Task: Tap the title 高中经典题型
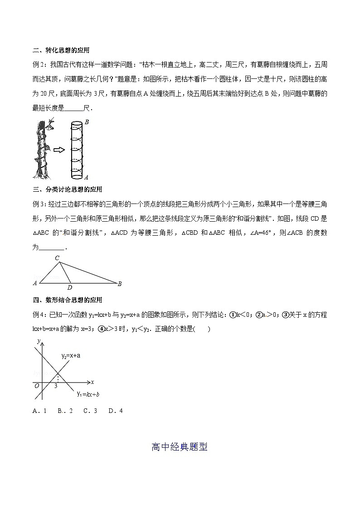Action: click(180, 447)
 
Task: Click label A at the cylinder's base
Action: click(86, 177)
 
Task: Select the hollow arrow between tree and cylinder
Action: click(59, 150)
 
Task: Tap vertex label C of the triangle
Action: click(57, 258)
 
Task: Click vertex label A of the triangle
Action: click(35, 284)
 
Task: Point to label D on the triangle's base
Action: click(69, 287)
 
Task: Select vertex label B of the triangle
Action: click(120, 284)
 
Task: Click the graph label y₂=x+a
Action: click(71, 356)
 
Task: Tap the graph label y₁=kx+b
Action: click(88, 394)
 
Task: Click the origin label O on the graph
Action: click(37, 386)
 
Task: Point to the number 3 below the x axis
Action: click(56, 386)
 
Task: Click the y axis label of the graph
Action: click(39, 340)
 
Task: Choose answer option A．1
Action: click(40, 411)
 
